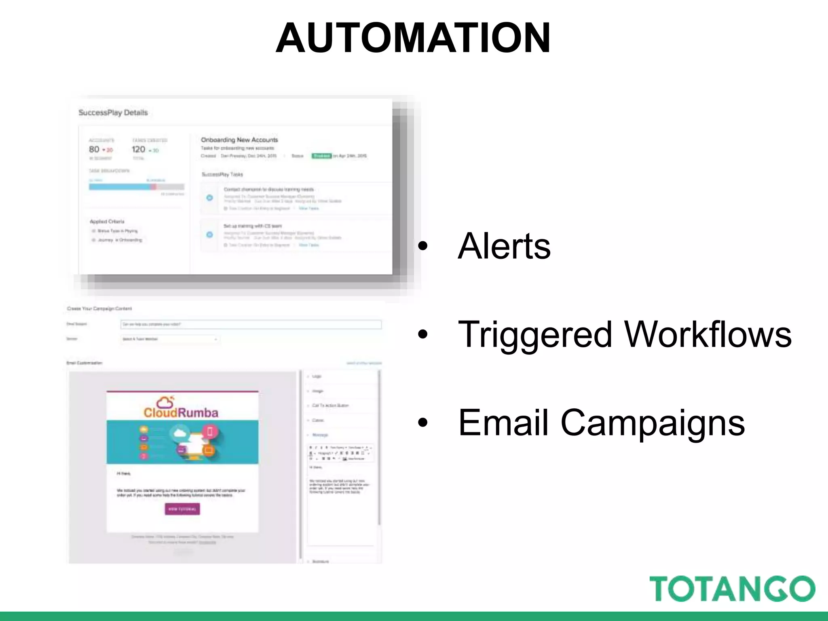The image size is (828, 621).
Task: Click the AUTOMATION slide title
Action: pos(413,38)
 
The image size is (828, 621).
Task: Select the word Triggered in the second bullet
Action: pos(534,334)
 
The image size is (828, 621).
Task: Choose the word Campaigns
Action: pos(652,423)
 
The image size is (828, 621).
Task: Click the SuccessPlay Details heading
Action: pos(113,112)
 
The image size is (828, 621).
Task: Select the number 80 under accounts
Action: pos(94,149)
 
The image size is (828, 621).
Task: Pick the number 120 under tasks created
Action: pos(138,149)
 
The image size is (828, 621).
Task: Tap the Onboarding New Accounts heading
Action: pos(239,140)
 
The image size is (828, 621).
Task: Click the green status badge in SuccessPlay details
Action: pos(321,156)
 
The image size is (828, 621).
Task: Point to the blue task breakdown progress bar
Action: pos(120,187)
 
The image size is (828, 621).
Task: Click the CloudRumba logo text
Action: pos(181,413)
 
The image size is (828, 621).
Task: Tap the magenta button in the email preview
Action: pos(182,509)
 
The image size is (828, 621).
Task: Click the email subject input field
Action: pos(251,324)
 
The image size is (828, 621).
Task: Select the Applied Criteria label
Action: pos(107,221)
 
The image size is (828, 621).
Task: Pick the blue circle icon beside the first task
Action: pos(209,198)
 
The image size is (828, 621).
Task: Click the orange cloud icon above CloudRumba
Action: pos(165,402)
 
